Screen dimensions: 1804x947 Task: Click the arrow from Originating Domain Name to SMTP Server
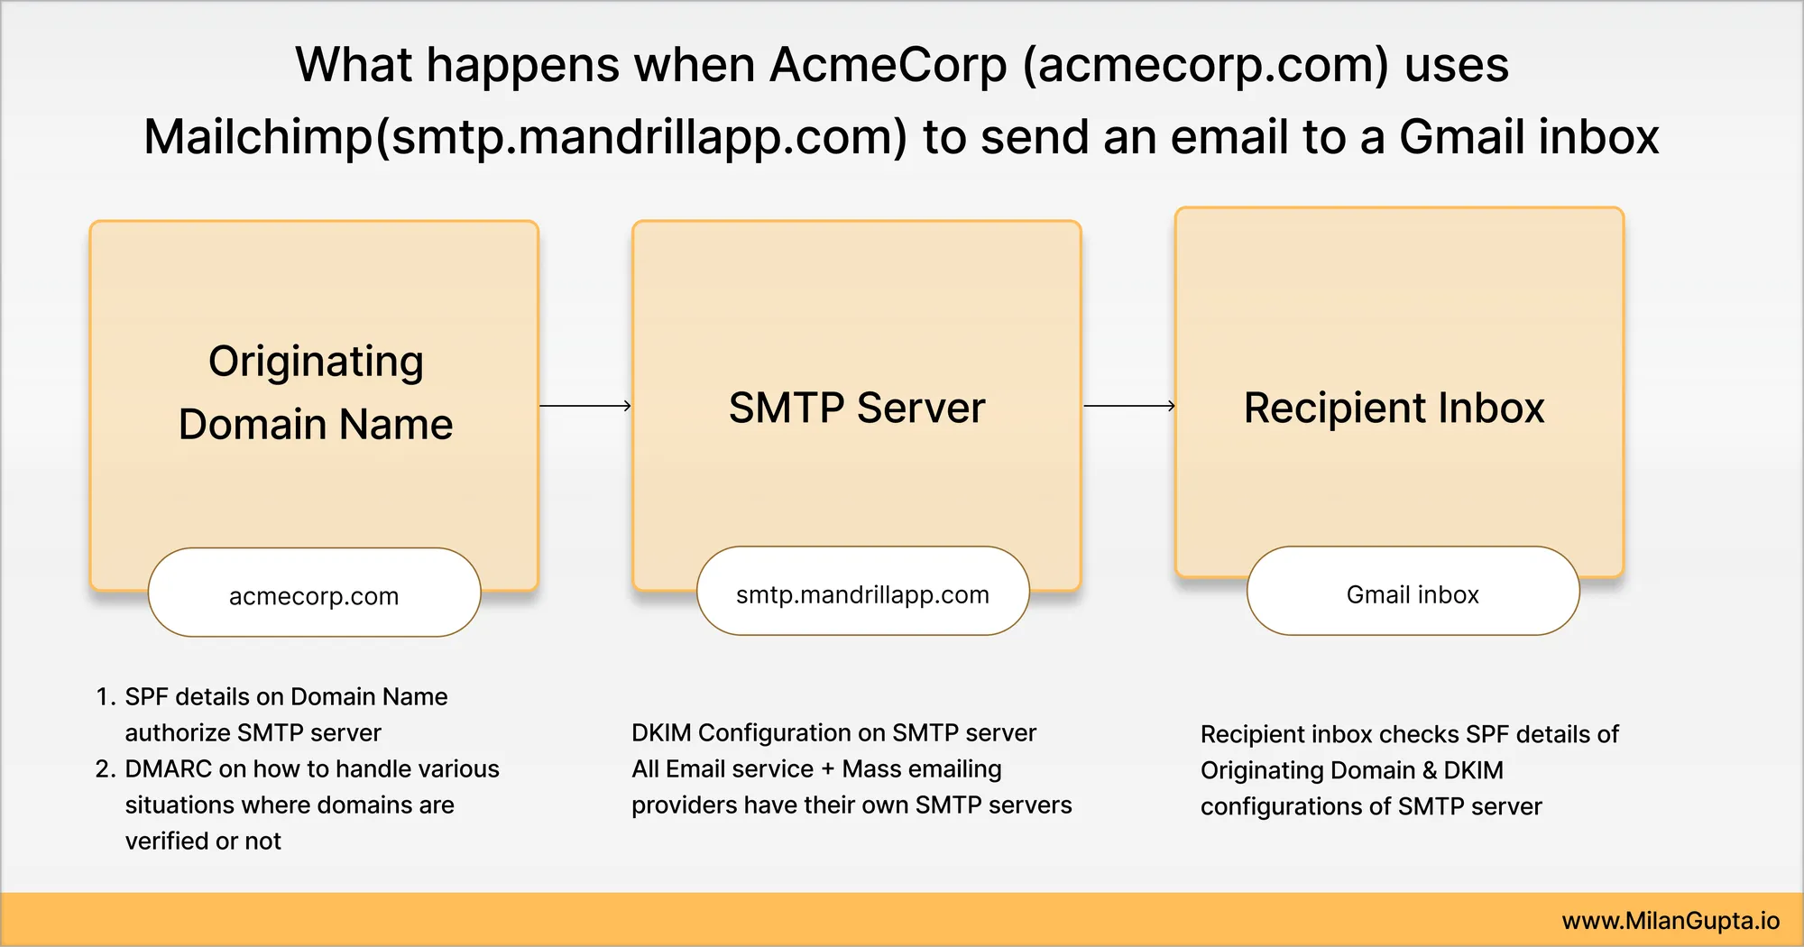pos(585,406)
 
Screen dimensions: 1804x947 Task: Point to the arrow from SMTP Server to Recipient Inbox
pos(1129,406)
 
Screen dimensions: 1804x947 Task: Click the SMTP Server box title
pos(857,408)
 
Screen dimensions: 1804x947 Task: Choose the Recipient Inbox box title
pos(1394,408)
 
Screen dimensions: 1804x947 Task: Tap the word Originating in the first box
pos(316,363)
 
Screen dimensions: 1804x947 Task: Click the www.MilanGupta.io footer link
pos(1671,921)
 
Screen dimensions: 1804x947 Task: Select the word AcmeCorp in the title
pos(888,65)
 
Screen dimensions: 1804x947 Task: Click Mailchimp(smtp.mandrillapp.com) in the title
pos(525,137)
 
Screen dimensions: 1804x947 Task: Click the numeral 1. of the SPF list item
pos(106,696)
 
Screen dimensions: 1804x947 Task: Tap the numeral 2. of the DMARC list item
pos(106,768)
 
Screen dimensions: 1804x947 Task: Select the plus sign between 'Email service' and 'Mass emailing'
pos(828,769)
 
